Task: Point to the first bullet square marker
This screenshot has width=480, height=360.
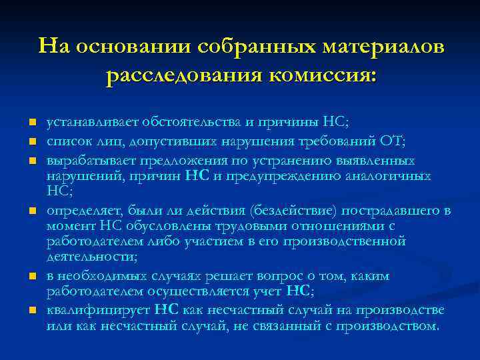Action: pyautogui.click(x=31, y=123)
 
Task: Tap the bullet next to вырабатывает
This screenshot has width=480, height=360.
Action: pyautogui.click(x=31, y=161)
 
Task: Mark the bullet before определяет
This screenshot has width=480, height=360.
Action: pyautogui.click(x=31, y=211)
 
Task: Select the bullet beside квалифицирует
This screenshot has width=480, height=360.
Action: pyautogui.click(x=31, y=311)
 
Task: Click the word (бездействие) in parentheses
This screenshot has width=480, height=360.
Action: pyautogui.click(x=293, y=211)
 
